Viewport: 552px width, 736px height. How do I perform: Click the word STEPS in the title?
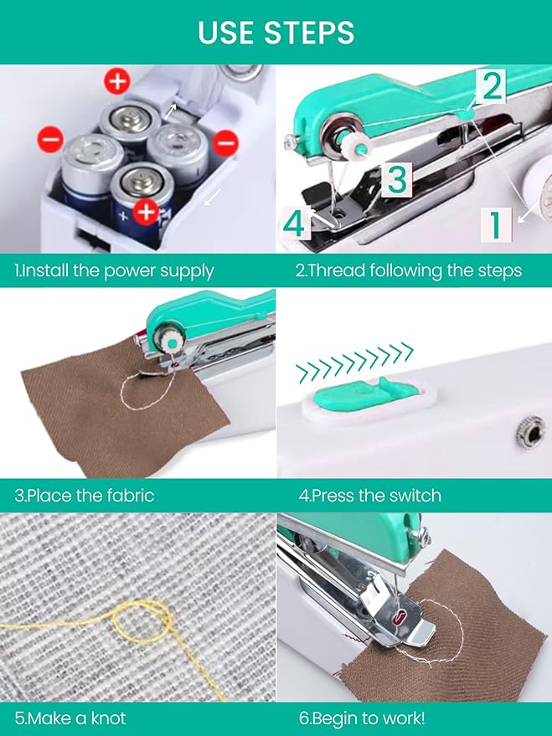tap(309, 32)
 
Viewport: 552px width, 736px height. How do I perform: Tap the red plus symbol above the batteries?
tap(117, 81)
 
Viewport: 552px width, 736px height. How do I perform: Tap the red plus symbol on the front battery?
tap(146, 212)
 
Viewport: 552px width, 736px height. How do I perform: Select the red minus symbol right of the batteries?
tap(225, 142)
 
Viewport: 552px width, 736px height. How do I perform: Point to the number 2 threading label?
tap(491, 85)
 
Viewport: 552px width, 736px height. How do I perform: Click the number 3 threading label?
tap(397, 179)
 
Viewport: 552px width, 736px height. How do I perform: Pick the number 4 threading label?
tap(297, 223)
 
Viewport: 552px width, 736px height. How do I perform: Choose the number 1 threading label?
tap(496, 226)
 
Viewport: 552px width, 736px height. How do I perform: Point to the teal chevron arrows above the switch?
tap(356, 363)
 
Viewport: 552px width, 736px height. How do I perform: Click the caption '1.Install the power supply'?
tap(114, 270)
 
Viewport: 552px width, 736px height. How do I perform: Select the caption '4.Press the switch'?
tap(370, 496)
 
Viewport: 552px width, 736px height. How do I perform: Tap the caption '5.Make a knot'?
tap(70, 718)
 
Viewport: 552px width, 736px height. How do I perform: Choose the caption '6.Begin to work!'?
tap(362, 718)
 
